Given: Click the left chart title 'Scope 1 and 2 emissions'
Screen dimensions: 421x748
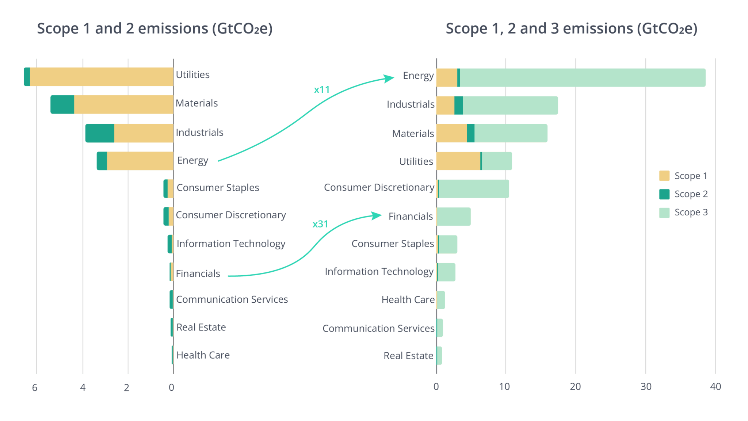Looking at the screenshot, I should pyautogui.click(x=154, y=29).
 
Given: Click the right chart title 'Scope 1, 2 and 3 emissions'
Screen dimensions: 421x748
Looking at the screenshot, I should pyautogui.click(x=571, y=29).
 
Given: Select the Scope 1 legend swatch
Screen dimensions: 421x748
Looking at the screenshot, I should pyautogui.click(x=664, y=176).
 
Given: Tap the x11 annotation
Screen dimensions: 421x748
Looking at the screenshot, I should pyautogui.click(x=321, y=90).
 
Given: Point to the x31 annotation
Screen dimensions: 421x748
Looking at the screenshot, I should pyautogui.click(x=320, y=224).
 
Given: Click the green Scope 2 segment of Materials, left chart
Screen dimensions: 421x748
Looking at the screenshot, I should pyautogui.click(x=62, y=104).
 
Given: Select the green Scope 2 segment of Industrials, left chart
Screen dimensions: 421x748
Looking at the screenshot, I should pyautogui.click(x=100, y=133).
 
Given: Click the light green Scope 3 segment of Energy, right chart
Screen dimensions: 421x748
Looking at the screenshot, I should pyautogui.click(x=583, y=77).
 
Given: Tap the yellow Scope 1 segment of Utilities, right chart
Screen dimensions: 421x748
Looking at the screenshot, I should pyautogui.click(x=458, y=161).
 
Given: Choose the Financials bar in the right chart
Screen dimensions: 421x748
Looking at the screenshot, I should pyautogui.click(x=454, y=217).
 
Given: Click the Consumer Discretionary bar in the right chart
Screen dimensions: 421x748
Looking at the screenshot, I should pyautogui.click(x=474, y=189).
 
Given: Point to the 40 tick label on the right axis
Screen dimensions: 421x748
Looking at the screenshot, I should pyautogui.click(x=715, y=387).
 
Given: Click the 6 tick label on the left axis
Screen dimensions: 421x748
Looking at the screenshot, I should pyautogui.click(x=35, y=387).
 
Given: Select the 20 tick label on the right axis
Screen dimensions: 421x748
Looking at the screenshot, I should pyautogui.click(x=575, y=387).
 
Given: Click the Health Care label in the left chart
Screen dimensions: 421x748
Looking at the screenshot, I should pyautogui.click(x=203, y=355).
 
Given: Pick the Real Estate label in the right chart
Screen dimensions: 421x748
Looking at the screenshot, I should pyautogui.click(x=408, y=356).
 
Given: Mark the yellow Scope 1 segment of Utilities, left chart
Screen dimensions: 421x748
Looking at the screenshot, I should pyautogui.click(x=102, y=77).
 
